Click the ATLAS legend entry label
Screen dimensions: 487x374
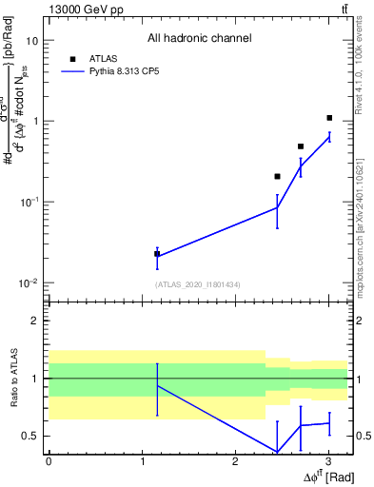pyautogui.click(x=103, y=58)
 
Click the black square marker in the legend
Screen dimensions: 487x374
pyautogui.click(x=71, y=58)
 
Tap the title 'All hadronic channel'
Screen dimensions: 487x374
pyautogui.click(x=199, y=38)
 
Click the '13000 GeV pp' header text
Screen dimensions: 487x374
pyautogui.click(x=82, y=9)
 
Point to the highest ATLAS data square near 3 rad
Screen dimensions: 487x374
pyautogui.click(x=329, y=118)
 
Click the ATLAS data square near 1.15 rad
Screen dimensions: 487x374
pyautogui.click(x=157, y=254)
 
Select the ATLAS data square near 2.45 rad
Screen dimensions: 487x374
pyautogui.click(x=277, y=176)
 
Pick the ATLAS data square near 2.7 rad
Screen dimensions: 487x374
pyautogui.click(x=301, y=146)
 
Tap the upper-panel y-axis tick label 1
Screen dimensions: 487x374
pyautogui.click(x=36, y=122)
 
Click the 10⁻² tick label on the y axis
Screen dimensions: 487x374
pyautogui.click(x=30, y=283)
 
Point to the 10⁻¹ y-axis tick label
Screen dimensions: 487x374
pyautogui.click(x=30, y=203)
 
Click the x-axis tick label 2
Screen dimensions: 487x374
pyautogui.click(x=235, y=461)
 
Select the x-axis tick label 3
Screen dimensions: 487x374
pyautogui.click(x=328, y=461)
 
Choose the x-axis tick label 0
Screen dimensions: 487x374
pyautogui.click(x=49, y=461)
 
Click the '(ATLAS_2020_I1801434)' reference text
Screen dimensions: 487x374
pyautogui.click(x=199, y=284)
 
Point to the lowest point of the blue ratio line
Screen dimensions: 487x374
pyautogui.click(x=277, y=452)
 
